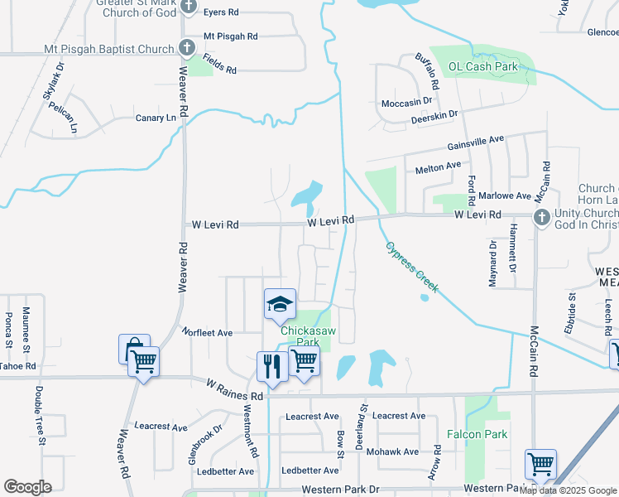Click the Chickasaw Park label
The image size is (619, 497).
[x=300, y=335]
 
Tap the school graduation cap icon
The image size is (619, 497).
[x=280, y=304]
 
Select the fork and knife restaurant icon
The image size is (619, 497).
[x=271, y=366]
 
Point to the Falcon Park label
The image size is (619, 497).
[x=476, y=434]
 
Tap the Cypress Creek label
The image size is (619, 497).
[x=411, y=267]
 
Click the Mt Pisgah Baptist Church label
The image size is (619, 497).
[x=108, y=50]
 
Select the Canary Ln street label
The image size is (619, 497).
[x=156, y=118]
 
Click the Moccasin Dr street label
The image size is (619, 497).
[x=407, y=102]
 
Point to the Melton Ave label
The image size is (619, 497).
[x=438, y=167]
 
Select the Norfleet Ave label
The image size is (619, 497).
[x=208, y=332]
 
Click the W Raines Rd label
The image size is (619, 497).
[x=234, y=389]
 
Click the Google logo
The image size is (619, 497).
[x=27, y=487]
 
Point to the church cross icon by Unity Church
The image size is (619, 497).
[x=541, y=218]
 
